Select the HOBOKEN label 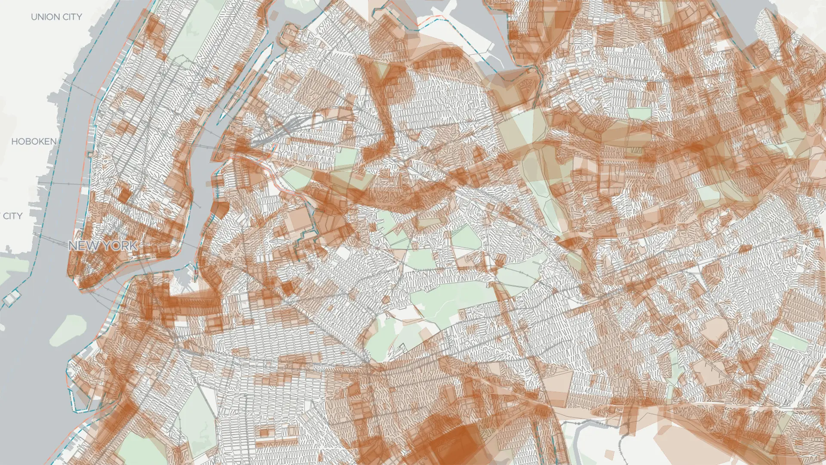pos(34,142)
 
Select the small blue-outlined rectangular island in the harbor pos(12,296)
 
